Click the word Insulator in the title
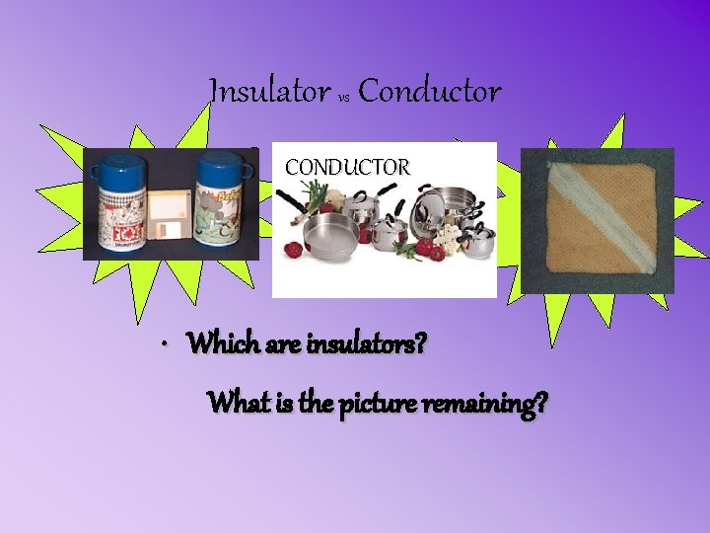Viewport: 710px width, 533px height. click(x=269, y=93)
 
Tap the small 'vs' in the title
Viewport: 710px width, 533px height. click(x=344, y=98)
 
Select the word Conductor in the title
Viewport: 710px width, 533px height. click(x=429, y=93)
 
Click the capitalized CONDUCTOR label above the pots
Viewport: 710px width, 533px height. click(x=347, y=168)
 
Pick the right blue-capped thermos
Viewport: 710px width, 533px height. click(x=219, y=202)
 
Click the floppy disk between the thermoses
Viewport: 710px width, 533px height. click(x=169, y=221)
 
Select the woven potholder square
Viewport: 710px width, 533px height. click(x=598, y=222)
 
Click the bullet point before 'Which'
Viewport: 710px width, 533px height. click(x=169, y=346)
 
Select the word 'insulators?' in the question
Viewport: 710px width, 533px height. click(x=373, y=345)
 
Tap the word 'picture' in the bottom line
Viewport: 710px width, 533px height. click(x=381, y=404)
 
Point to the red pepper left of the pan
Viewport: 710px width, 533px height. click(x=293, y=250)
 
